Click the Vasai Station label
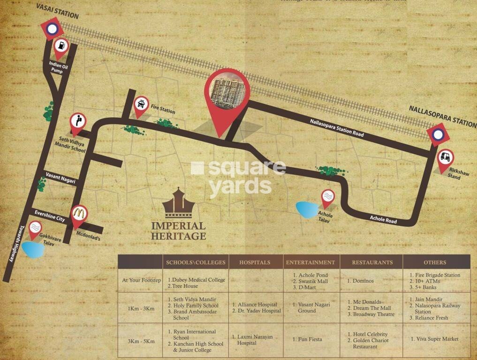[x=56, y=11]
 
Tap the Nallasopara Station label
[x=442, y=116]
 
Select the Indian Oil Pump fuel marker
[x=61, y=46]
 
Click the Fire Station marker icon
[x=140, y=104]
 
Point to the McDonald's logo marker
[x=79, y=214]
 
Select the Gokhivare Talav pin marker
[x=35, y=229]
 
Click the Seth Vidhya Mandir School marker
[x=78, y=122]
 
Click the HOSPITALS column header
[x=255, y=262]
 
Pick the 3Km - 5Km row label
[x=142, y=341]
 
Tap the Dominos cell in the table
[x=360, y=281]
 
